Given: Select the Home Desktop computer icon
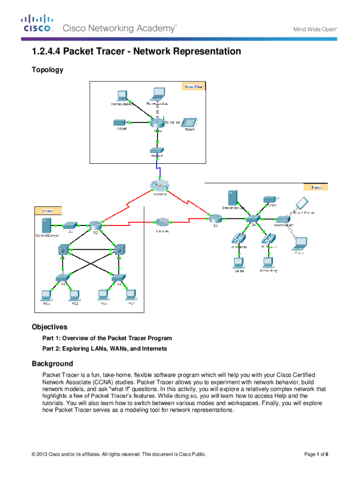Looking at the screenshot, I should pyautogui.click(x=122, y=95).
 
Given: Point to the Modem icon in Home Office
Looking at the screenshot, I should pyautogui.click(x=156, y=151).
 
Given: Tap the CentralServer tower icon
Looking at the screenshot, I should pyautogui.click(x=46, y=226).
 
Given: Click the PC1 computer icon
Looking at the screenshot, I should pyautogui.click(x=46, y=295).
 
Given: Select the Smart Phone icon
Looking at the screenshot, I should pyautogui.click(x=302, y=203).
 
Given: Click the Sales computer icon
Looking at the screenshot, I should pyautogui.click(x=238, y=261).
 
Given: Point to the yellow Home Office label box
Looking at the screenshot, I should pyautogui.click(x=194, y=87).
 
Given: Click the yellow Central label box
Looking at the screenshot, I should pyautogui.click(x=47, y=211).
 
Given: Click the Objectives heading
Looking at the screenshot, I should pyautogui.click(x=50, y=327).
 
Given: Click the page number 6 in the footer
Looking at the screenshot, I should pyautogui.click(x=326, y=454).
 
